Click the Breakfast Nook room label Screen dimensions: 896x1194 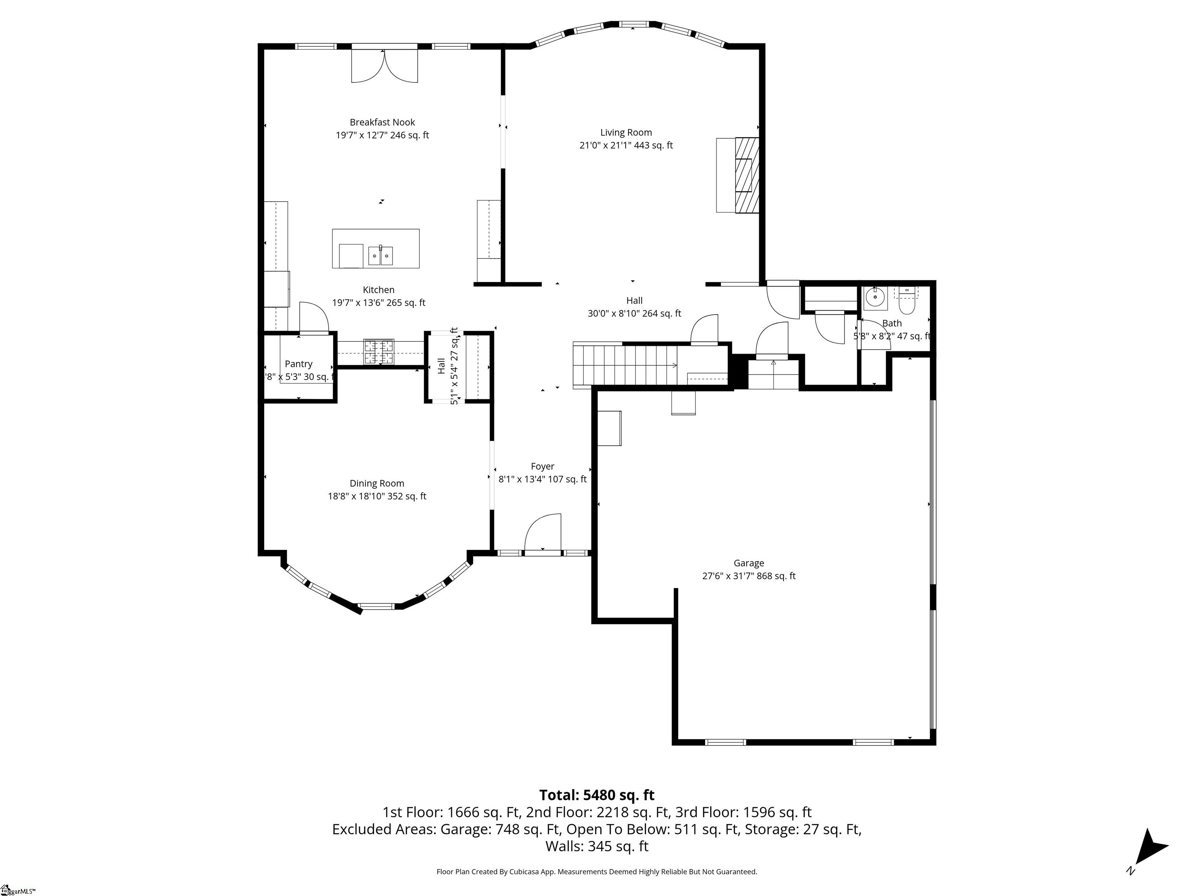coord(382,122)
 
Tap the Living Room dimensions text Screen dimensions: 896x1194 coord(626,145)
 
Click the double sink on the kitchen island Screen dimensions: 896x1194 coord(381,255)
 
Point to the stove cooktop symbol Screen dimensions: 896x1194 coord(379,352)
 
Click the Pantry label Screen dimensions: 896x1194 coord(298,364)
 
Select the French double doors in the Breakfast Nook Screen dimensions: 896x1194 coord(384,66)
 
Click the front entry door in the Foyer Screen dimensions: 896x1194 coord(543,533)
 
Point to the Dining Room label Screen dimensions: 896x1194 coord(376,483)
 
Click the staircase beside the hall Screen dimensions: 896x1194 coord(626,366)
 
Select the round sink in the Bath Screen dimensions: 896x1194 coord(875,297)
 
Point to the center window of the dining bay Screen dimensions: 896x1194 coord(376,606)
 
